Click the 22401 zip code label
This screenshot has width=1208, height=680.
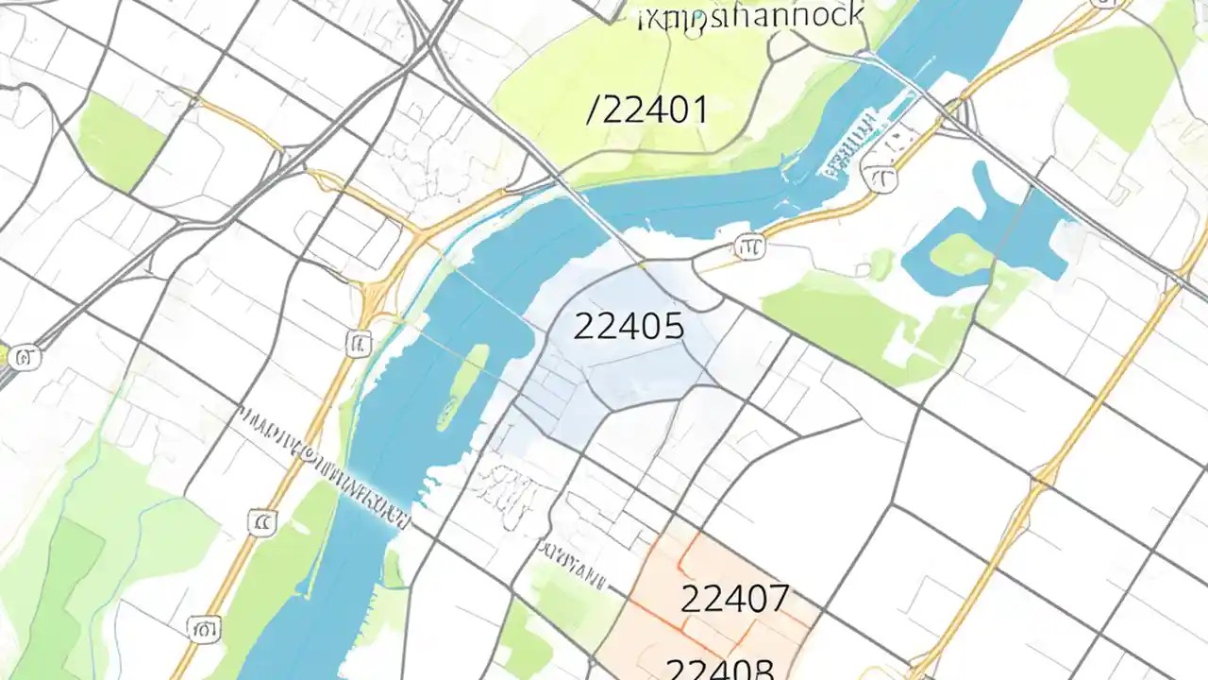pos(653,110)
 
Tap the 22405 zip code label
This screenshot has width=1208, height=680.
pos(629,327)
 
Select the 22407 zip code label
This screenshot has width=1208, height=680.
pos(734,598)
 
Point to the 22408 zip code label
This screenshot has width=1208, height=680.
pos(720,668)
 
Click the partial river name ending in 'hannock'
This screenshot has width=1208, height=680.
pos(750,15)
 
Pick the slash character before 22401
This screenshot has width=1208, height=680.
pos(593,110)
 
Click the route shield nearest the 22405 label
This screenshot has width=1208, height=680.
pos(749,247)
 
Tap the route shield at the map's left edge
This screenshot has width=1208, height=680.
pos(25,357)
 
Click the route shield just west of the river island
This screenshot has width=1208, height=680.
pos(358,342)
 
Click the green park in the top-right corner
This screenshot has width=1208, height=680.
pos(1123,71)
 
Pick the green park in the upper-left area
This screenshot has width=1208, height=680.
pos(121,140)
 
